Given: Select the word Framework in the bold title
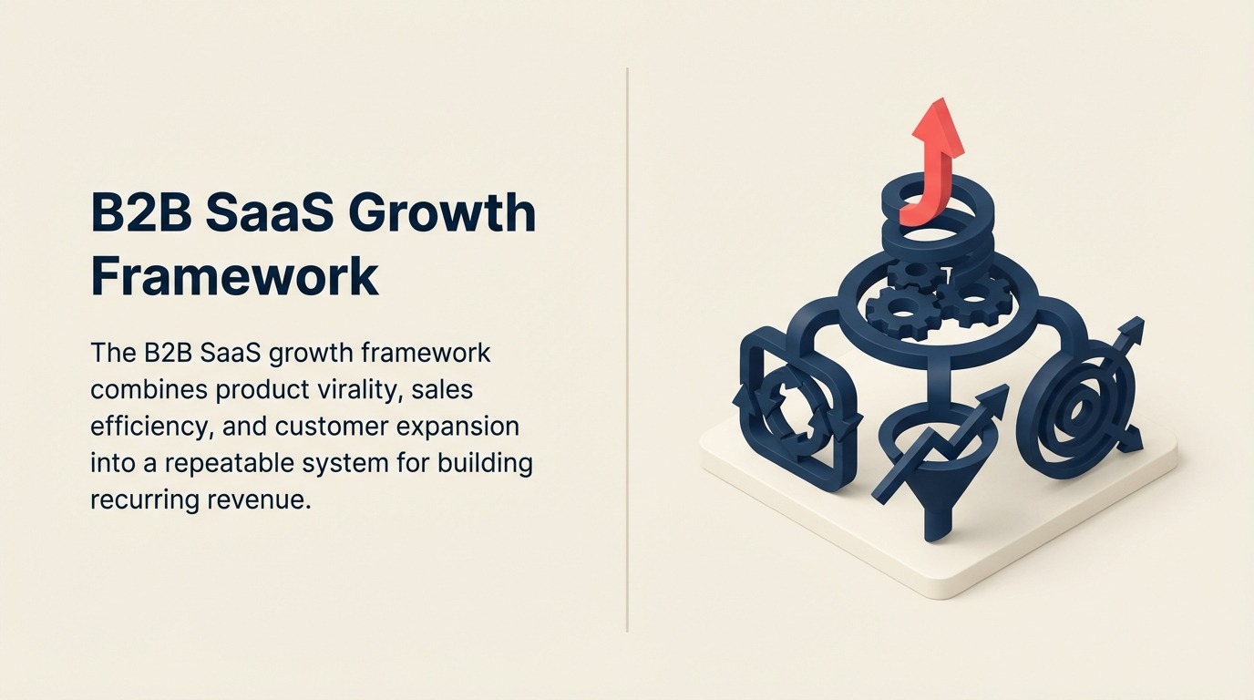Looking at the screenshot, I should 234,276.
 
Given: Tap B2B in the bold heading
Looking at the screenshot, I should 141,213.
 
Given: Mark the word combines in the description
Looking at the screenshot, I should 148,389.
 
